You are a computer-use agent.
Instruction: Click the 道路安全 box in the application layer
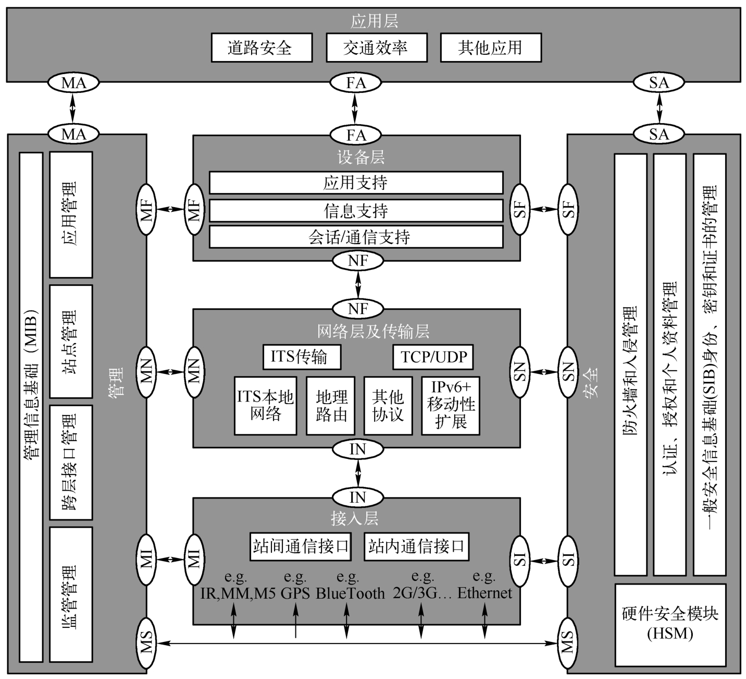click(x=262, y=47)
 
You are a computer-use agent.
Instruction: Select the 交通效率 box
click(x=376, y=47)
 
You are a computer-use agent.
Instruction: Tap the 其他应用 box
click(x=491, y=47)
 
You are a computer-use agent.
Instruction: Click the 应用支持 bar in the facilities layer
click(x=356, y=183)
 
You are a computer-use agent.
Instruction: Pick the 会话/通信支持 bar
click(x=356, y=237)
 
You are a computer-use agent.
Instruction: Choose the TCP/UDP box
click(x=433, y=357)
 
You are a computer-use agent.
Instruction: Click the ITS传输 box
click(x=302, y=357)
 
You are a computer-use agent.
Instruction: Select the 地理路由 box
click(x=330, y=406)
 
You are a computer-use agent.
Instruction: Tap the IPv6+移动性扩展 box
click(x=450, y=406)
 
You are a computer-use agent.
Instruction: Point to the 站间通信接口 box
click(x=301, y=547)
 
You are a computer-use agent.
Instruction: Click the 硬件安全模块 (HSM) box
click(x=670, y=625)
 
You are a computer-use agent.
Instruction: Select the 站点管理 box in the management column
click(x=71, y=342)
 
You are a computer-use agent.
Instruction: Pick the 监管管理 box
click(x=71, y=595)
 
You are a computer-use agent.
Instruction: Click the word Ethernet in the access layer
click(x=484, y=592)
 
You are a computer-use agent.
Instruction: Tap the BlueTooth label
click(x=350, y=593)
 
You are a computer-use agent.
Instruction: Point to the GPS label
click(x=295, y=593)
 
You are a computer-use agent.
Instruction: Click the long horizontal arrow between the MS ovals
click(x=357, y=643)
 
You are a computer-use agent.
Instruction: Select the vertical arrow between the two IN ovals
click(x=358, y=474)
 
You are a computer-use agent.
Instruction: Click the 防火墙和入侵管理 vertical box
click(x=630, y=364)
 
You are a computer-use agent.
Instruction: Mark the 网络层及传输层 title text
click(x=373, y=331)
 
